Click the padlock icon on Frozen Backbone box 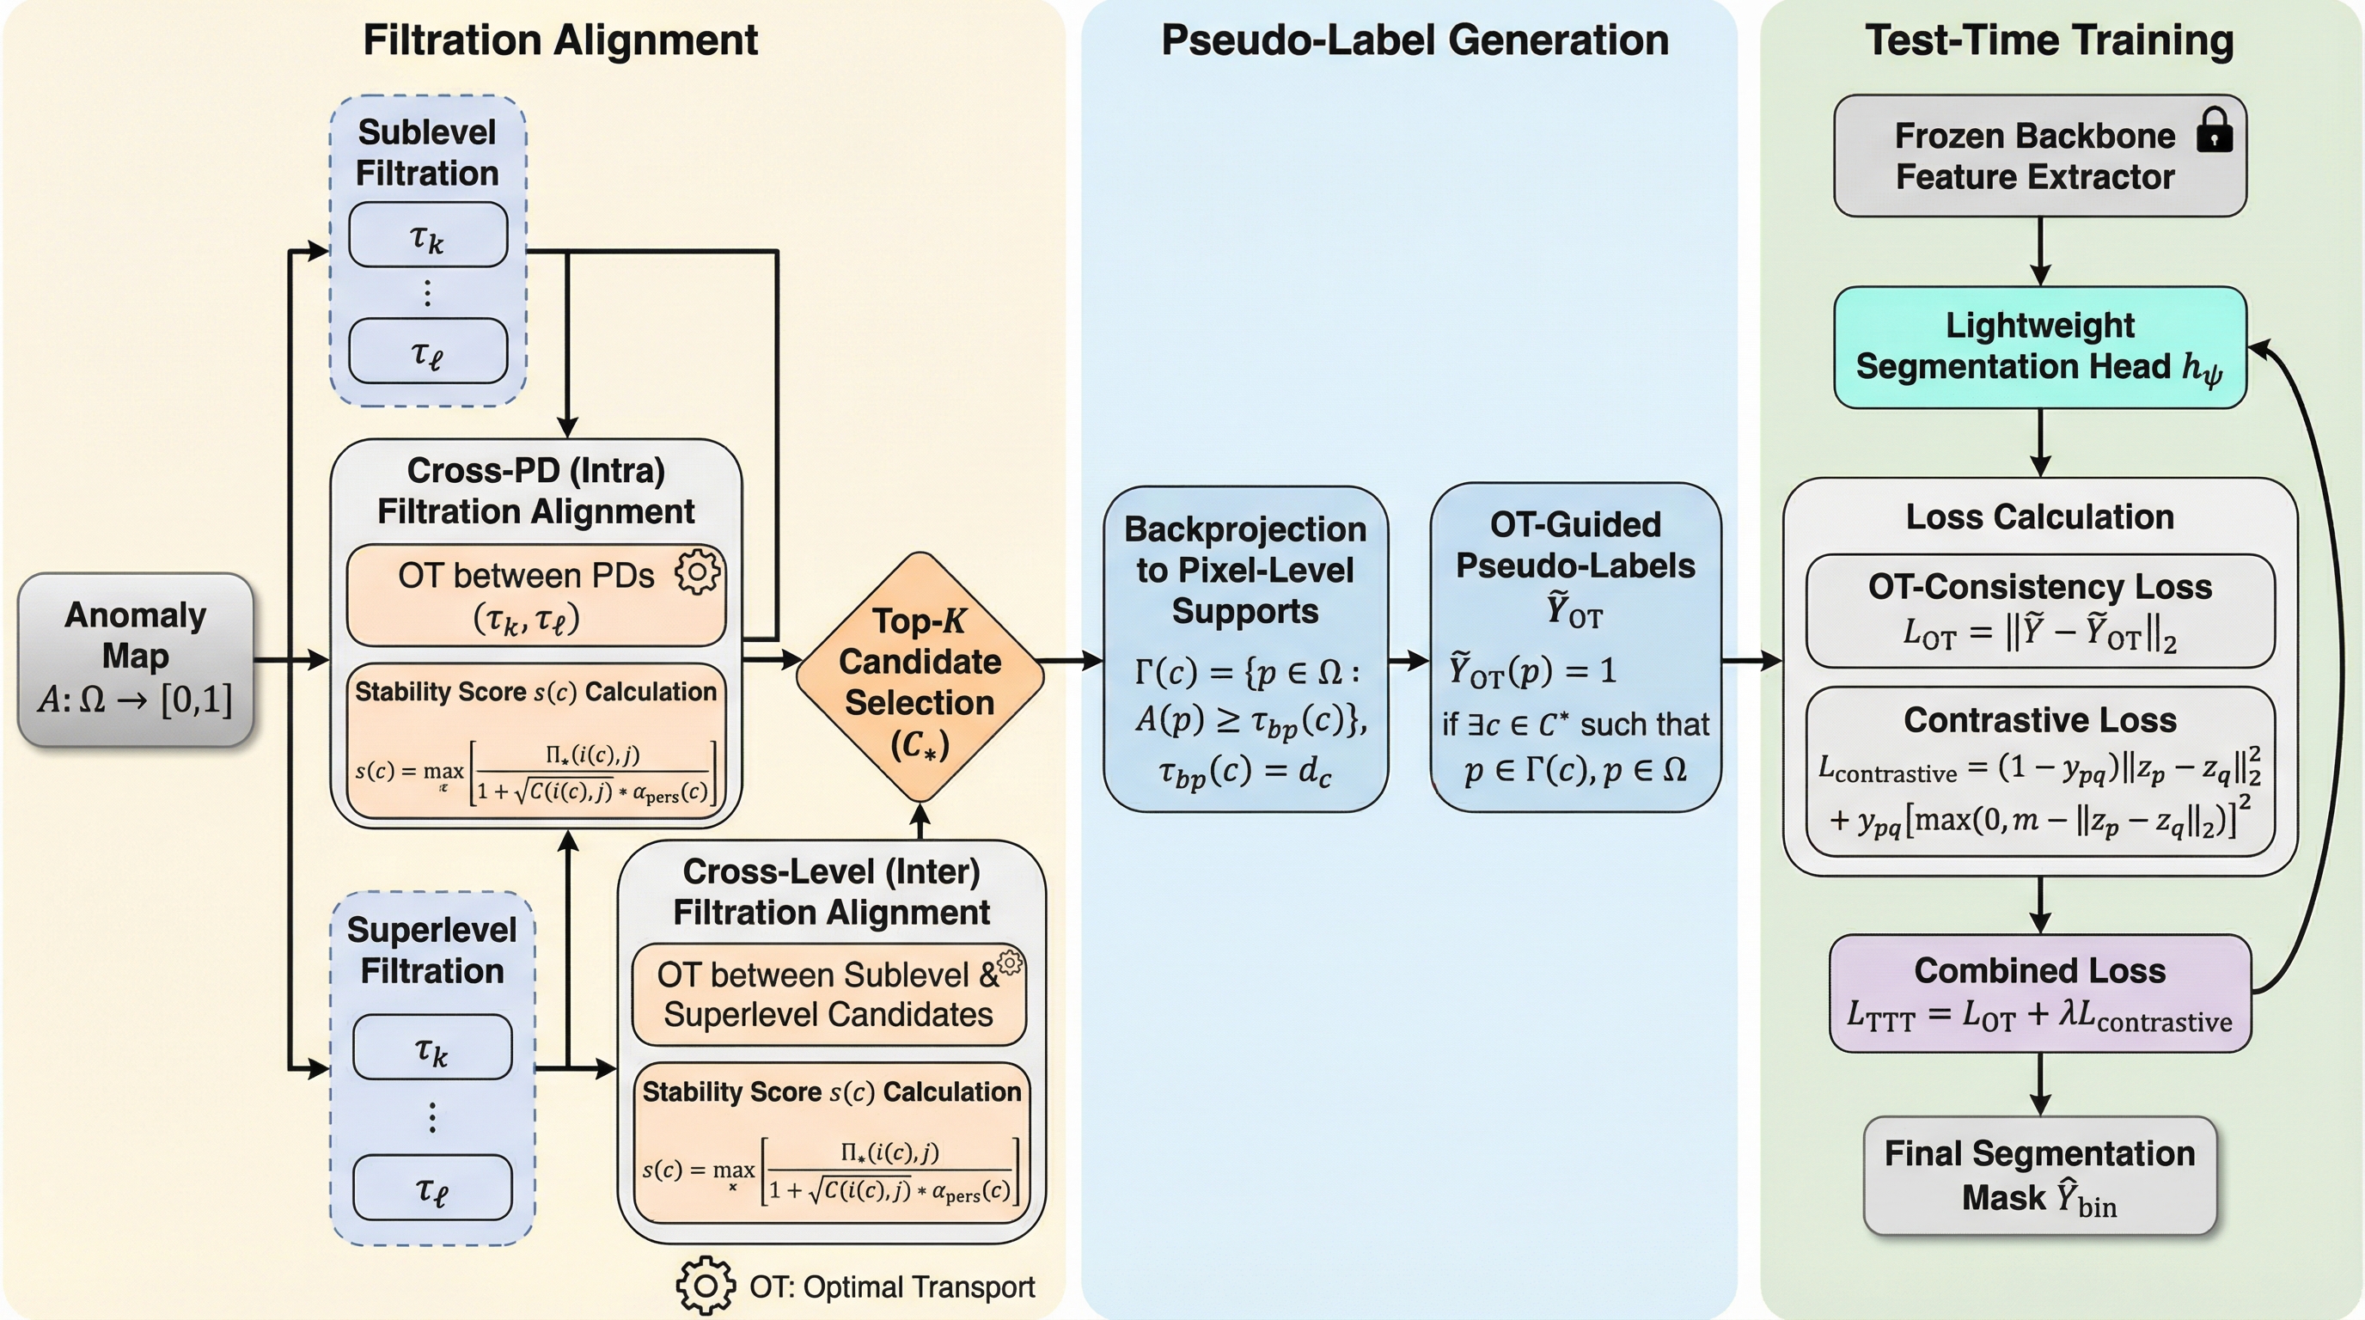click(2214, 131)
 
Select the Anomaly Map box click(136, 658)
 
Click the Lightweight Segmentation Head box click(2039, 347)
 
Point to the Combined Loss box click(2039, 993)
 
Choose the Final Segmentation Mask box click(2039, 1175)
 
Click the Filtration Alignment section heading click(560, 40)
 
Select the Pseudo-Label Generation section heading click(1414, 40)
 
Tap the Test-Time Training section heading click(2049, 40)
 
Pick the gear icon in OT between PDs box click(698, 571)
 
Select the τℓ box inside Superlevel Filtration click(432, 1188)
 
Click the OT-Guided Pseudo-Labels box click(1575, 647)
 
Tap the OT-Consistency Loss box click(2039, 610)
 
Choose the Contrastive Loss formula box click(2039, 771)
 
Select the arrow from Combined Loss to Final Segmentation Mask click(2040, 1083)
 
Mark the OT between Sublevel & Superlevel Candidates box click(828, 994)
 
